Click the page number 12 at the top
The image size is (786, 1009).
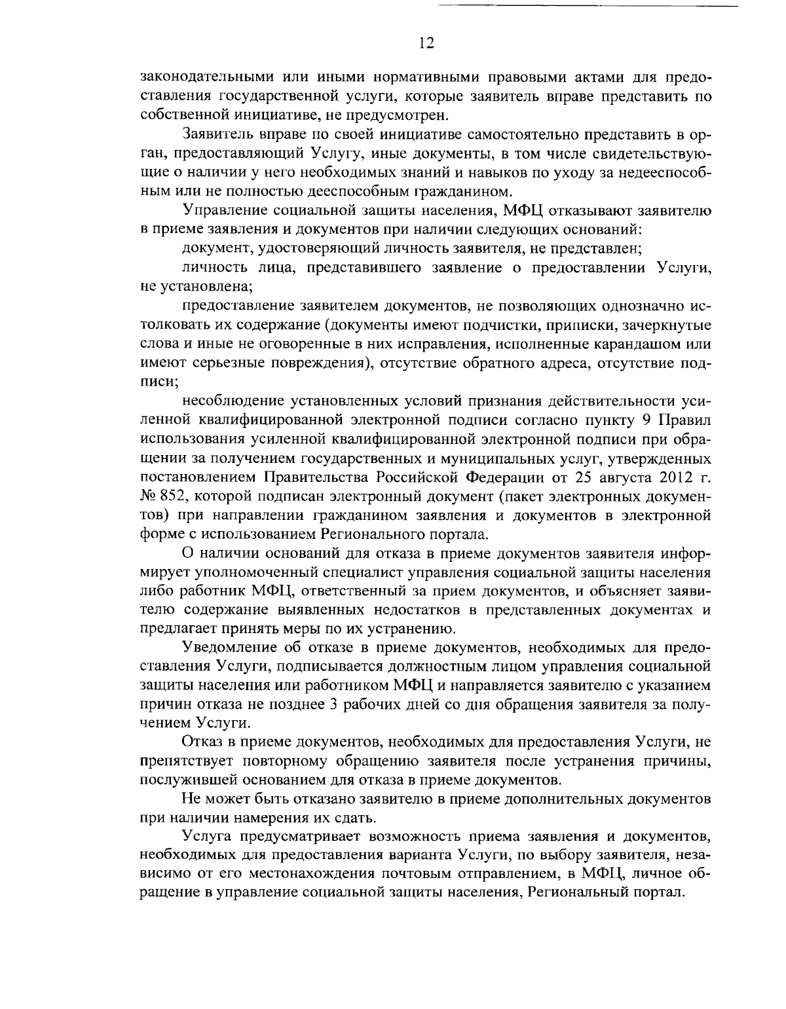click(x=425, y=43)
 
